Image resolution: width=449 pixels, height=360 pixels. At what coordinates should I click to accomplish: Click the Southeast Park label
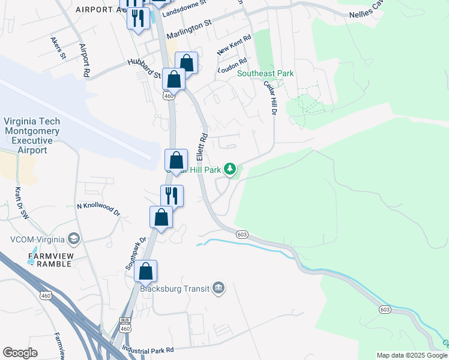(x=265, y=73)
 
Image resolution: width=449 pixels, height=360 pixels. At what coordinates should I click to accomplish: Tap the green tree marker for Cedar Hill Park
(x=230, y=169)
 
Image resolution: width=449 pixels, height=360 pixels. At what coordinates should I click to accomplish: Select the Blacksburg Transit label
(x=174, y=289)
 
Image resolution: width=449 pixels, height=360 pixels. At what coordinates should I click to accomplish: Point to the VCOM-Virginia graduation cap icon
(x=74, y=238)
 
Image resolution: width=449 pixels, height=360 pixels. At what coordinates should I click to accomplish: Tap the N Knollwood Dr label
(x=98, y=209)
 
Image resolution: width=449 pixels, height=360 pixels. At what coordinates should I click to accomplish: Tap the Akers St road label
(x=58, y=48)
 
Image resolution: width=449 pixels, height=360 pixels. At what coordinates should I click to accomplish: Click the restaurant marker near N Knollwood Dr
(x=172, y=194)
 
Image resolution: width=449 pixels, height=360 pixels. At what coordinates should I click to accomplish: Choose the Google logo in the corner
(x=20, y=353)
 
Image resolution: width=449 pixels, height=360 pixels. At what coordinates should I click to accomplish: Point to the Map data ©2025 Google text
(x=412, y=355)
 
